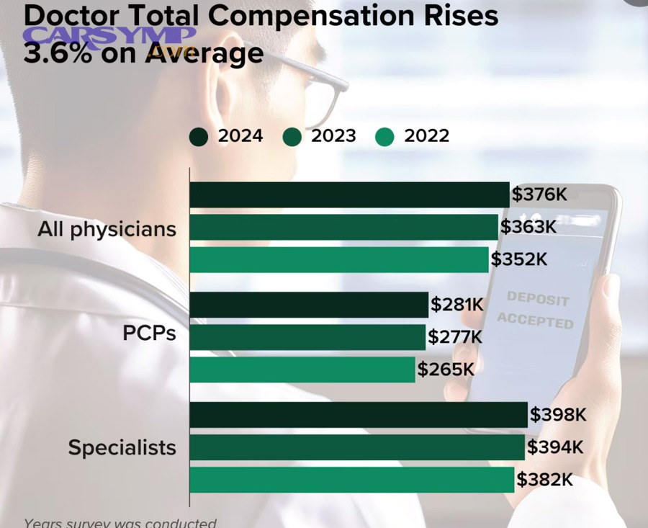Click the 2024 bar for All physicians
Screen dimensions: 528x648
(x=349, y=194)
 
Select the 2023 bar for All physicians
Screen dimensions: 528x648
(x=343, y=227)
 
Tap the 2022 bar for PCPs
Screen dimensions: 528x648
(x=302, y=370)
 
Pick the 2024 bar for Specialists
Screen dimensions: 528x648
(x=359, y=415)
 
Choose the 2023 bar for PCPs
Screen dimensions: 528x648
(x=307, y=337)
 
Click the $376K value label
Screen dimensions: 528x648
(x=539, y=194)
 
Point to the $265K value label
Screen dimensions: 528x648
(x=446, y=370)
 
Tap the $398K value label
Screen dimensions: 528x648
(x=558, y=415)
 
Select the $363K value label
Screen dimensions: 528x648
(x=528, y=227)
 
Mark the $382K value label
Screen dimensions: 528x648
(x=544, y=480)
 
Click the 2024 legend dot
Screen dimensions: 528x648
(x=199, y=136)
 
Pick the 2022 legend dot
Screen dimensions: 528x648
(x=385, y=136)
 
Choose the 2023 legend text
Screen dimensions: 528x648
(x=333, y=135)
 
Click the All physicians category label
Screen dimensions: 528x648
(x=107, y=229)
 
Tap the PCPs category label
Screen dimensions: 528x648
(x=150, y=335)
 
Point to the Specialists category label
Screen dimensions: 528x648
(x=122, y=447)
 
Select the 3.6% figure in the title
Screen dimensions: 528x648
(x=56, y=53)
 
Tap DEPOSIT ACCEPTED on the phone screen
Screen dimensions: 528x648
(x=536, y=310)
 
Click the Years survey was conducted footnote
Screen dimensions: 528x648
(x=120, y=522)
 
